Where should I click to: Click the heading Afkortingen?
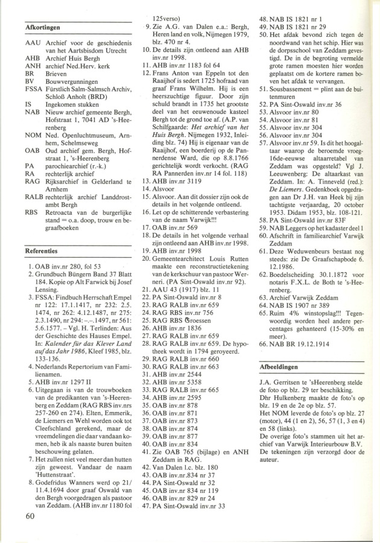tap(42, 27)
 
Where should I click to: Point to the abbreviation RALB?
tap(36, 214)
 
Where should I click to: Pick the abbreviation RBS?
tap(33, 229)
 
